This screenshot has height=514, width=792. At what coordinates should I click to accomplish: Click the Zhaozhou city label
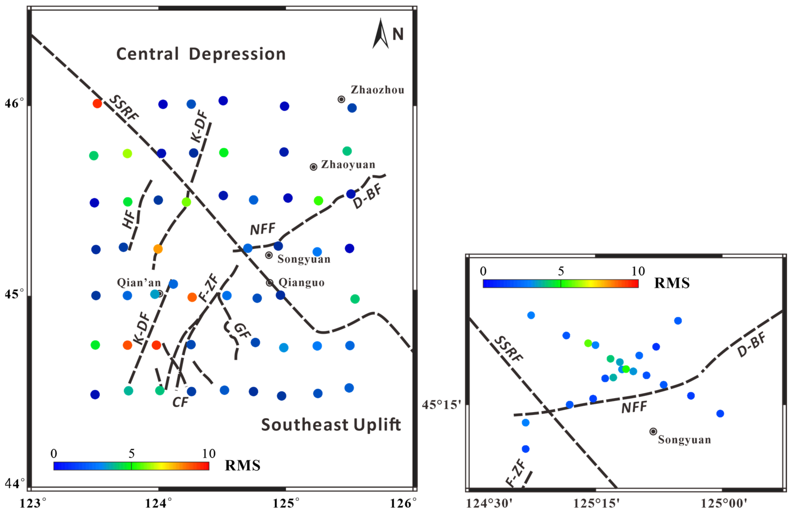[377, 90]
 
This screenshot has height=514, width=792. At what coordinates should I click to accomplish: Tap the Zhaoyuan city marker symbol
[313, 167]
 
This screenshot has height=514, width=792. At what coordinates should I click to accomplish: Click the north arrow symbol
[381, 34]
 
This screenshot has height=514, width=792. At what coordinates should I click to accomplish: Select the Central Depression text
[201, 54]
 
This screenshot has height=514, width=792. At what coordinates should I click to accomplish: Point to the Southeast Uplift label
[331, 425]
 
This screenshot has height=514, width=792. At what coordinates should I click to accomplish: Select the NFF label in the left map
[263, 229]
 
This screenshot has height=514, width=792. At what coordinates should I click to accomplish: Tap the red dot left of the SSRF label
[97, 103]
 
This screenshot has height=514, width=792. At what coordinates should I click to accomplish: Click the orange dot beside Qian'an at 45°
[192, 297]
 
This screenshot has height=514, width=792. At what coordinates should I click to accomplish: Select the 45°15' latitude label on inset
[442, 405]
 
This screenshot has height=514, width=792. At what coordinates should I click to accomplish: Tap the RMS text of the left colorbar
[243, 466]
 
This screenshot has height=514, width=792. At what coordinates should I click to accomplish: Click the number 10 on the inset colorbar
[638, 271]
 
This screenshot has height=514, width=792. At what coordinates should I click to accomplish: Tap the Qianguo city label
[301, 283]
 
